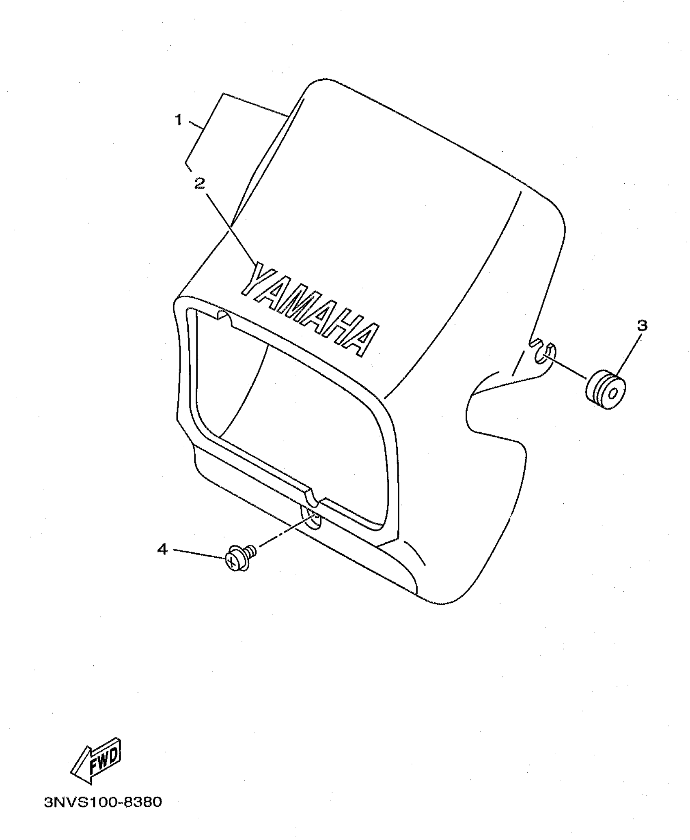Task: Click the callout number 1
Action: [178, 120]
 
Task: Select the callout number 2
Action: [200, 183]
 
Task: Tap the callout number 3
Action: [642, 325]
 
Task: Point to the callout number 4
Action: [162, 550]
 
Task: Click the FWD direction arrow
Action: [97, 761]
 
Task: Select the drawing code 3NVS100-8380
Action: [103, 802]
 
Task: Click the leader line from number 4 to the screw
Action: [199, 554]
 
